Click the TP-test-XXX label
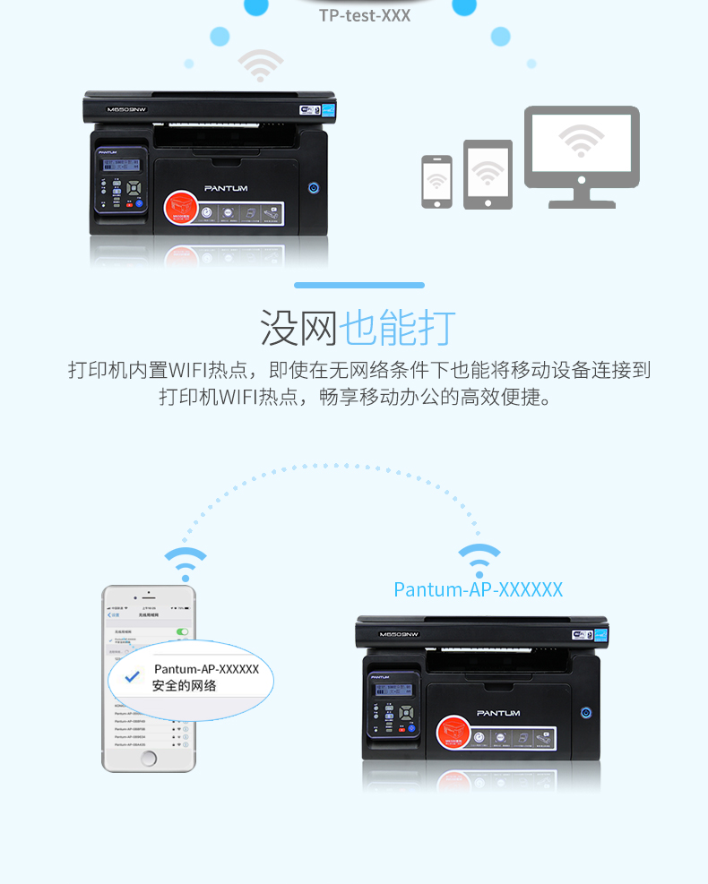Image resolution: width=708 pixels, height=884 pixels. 365,16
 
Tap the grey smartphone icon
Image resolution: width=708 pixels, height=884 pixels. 436,182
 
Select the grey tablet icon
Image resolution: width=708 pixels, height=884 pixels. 488,175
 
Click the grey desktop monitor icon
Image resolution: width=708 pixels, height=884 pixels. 582,152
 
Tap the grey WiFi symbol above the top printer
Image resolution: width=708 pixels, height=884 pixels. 260,66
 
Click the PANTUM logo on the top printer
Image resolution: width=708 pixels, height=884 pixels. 226,188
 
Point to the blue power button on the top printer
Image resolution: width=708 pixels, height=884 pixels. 314,187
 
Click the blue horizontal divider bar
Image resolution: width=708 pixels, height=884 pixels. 359,285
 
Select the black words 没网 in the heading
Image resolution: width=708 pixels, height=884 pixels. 299,328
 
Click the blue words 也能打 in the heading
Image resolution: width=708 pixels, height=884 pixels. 398,328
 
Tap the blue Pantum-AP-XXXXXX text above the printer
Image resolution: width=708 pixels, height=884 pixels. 479,589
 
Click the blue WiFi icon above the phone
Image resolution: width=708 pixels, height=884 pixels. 186,563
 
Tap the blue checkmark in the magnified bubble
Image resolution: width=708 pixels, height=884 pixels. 133,677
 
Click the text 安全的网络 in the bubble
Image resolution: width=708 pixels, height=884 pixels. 185,686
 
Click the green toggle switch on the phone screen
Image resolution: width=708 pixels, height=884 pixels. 183,631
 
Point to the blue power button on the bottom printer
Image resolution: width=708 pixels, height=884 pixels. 586,713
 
